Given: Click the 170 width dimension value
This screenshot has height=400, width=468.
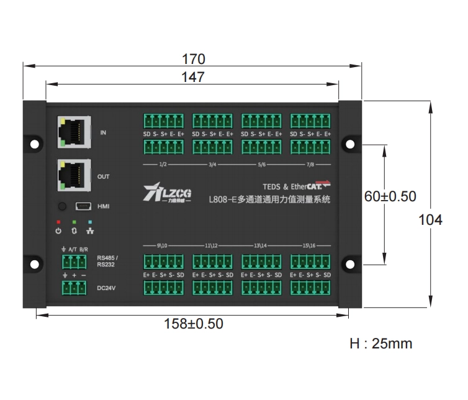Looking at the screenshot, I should [193, 59].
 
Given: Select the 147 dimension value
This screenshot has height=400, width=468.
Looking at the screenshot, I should [193, 77].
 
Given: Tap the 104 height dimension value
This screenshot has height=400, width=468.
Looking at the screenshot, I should [431, 220].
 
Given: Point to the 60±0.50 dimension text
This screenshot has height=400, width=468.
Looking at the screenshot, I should [390, 196].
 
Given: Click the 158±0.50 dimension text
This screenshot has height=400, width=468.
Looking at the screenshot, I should [193, 324].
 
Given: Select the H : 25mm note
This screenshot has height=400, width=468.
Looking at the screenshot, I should [380, 343].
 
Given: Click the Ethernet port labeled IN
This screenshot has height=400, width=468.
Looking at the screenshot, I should [74, 131].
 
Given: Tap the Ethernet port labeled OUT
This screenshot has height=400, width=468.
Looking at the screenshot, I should [74, 175].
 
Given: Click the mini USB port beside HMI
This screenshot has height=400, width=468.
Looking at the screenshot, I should [83, 206].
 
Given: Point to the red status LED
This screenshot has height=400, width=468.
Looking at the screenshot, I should [58, 221].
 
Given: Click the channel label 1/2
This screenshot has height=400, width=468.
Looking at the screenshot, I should [163, 165].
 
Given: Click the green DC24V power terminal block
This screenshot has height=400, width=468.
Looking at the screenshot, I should [74, 288].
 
